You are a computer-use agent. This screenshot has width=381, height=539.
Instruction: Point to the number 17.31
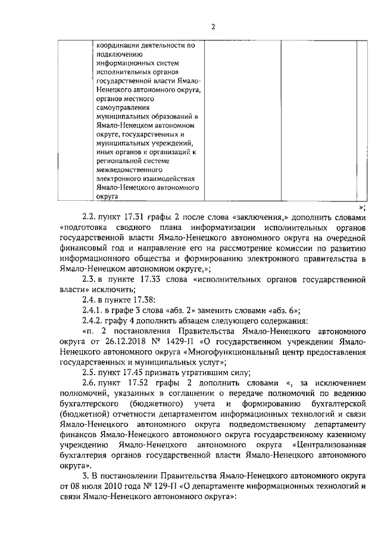[x=136, y=218]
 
